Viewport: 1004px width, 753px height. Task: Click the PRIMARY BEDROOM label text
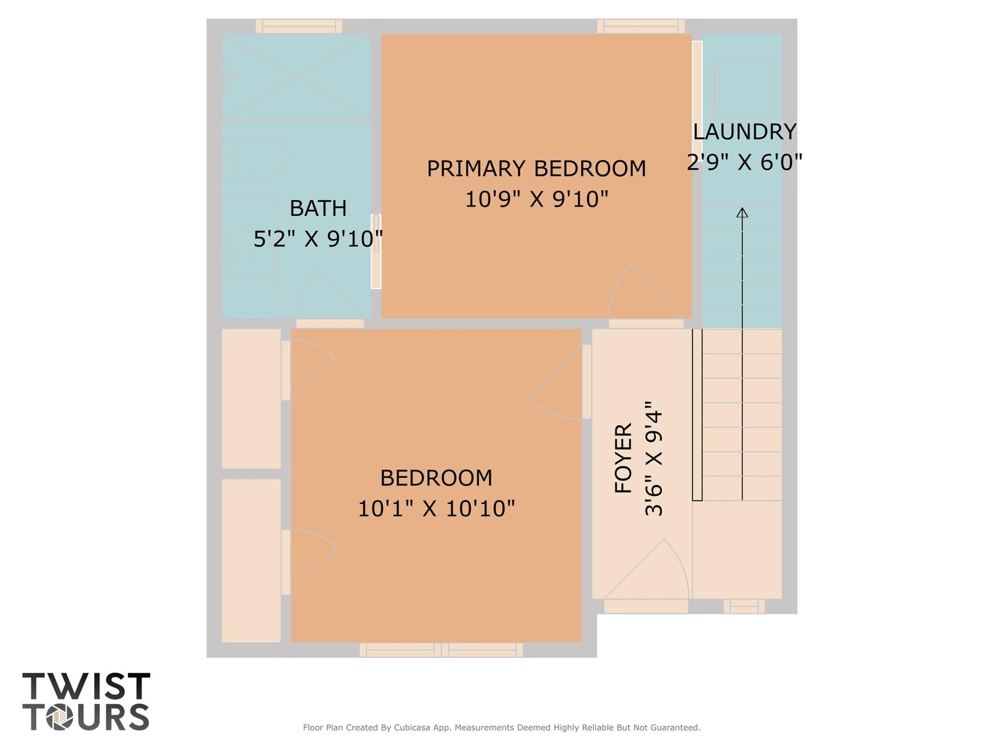(x=536, y=169)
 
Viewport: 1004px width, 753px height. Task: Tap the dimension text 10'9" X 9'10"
(x=536, y=200)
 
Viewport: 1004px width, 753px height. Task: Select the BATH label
(x=318, y=208)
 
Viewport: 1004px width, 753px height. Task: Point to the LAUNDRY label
(x=744, y=132)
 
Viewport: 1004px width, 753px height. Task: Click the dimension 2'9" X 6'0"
(x=744, y=162)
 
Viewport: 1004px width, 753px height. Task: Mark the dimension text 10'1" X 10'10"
(x=436, y=509)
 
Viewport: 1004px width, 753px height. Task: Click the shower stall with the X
(x=296, y=77)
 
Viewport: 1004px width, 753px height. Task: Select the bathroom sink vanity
(x=251, y=255)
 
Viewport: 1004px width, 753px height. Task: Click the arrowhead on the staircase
(x=742, y=213)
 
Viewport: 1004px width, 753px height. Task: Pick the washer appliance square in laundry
(x=742, y=90)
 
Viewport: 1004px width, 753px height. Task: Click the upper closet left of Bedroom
(x=251, y=398)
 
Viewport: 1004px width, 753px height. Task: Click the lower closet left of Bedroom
(x=251, y=560)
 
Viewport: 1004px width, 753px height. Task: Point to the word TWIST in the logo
(x=86, y=686)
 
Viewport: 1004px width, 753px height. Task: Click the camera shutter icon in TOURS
(x=60, y=718)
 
